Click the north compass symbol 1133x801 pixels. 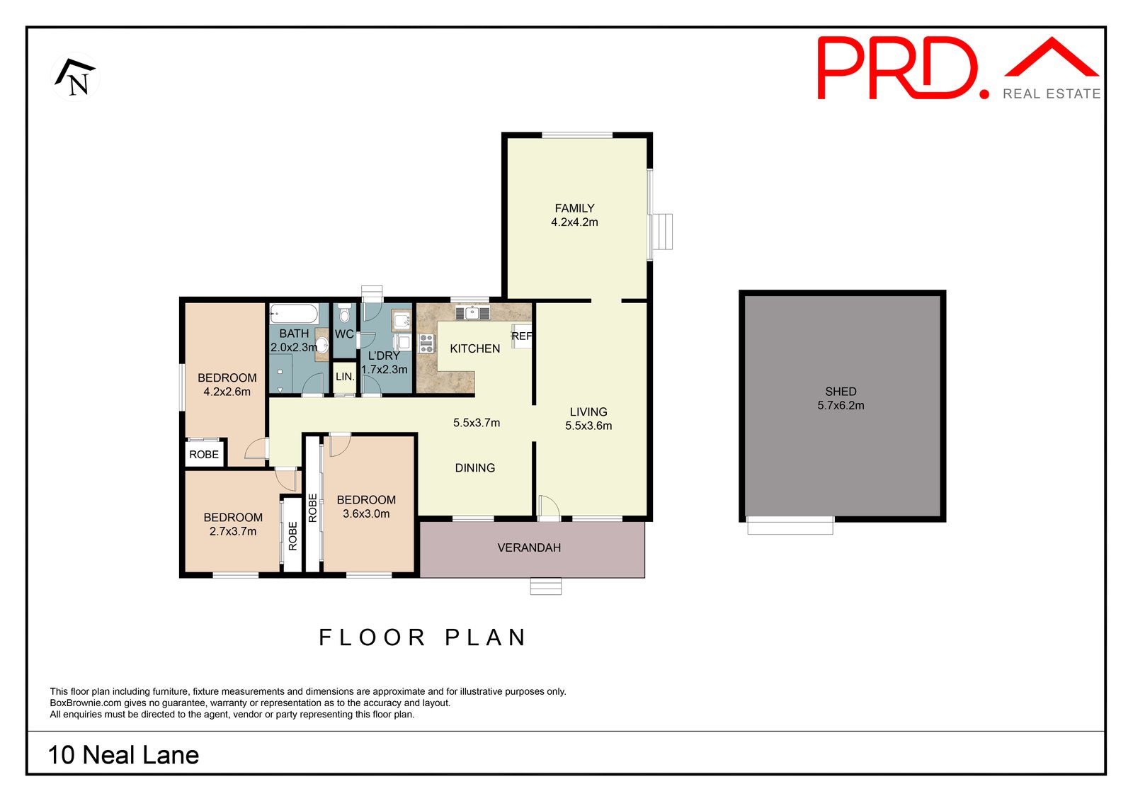pyautogui.click(x=75, y=77)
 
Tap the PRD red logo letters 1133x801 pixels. pyautogui.click(x=904, y=68)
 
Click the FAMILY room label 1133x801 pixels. pyautogui.click(x=574, y=208)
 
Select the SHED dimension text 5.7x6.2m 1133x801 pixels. pyautogui.click(x=841, y=405)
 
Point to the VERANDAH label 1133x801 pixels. pyautogui.click(x=529, y=547)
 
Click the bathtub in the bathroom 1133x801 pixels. pyautogui.click(x=293, y=314)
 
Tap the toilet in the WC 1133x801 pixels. pyautogui.click(x=344, y=313)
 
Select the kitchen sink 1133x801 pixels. pyautogui.click(x=472, y=313)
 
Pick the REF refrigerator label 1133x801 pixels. pyautogui.click(x=521, y=336)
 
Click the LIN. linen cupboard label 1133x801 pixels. pyautogui.click(x=345, y=377)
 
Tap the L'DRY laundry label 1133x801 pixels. pyautogui.click(x=384, y=356)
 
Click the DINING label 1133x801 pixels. pyautogui.click(x=475, y=468)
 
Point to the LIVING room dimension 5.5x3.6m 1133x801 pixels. pyautogui.click(x=588, y=426)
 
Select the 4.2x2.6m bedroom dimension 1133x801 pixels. pyautogui.click(x=227, y=392)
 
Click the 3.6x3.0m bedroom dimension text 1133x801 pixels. pyautogui.click(x=366, y=513)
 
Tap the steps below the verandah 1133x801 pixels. pyautogui.click(x=546, y=586)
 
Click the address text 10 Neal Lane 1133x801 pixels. pyautogui.click(x=123, y=755)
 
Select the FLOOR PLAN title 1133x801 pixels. pyautogui.click(x=423, y=637)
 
